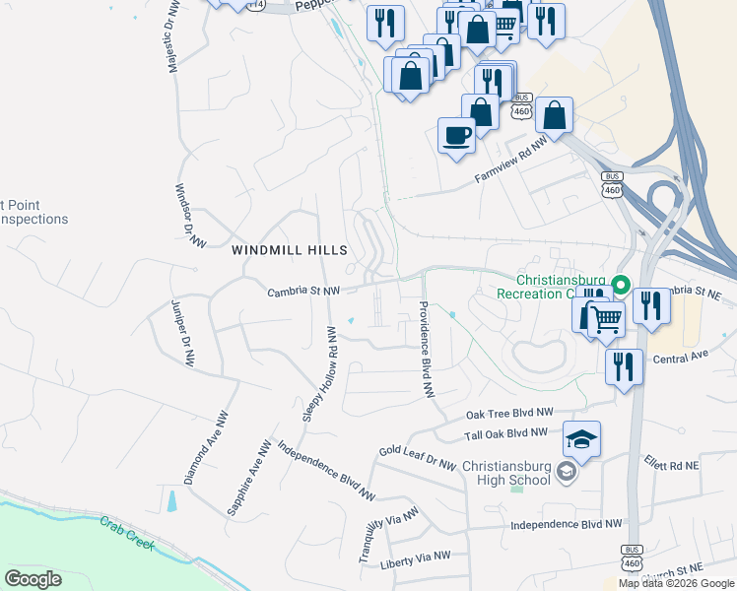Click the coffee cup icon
[456, 135]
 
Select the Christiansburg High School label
[517, 473]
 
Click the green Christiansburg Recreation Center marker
[620, 287]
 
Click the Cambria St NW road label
[303, 292]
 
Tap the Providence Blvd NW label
[427, 349]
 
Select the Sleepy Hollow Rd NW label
[320, 377]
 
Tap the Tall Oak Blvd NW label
[505, 433]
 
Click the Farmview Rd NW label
[510, 161]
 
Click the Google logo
[33, 579]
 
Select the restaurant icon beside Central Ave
[624, 366]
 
